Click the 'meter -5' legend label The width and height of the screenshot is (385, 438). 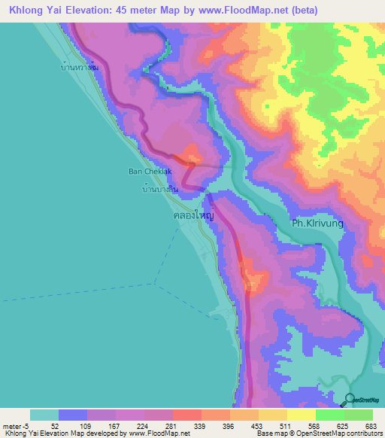pyautogui.click(x=14, y=426)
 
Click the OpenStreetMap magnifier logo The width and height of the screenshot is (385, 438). pyautogui.click(x=349, y=400)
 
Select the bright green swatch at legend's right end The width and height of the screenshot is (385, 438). pyautogui.click(x=359, y=415)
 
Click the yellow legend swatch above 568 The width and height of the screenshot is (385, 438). pyautogui.click(x=301, y=415)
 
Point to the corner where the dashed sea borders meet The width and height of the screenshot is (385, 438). pyautogui.click(x=154, y=283)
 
